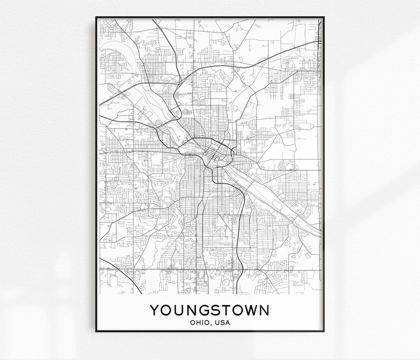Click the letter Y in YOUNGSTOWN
[x=154, y=310]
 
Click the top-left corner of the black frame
[x=96, y=17]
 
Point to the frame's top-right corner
[x=324, y=17]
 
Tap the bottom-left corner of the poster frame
[x=96, y=331]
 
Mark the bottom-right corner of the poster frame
[x=324, y=331]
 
